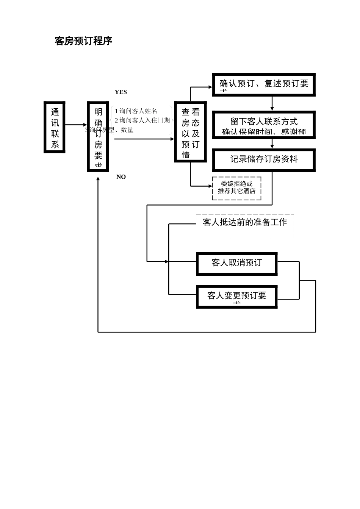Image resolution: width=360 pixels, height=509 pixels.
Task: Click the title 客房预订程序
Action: pos(83,41)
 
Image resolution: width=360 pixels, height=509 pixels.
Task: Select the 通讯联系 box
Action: pos(55,127)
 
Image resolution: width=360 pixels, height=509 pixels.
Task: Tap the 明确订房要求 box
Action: pos(98,136)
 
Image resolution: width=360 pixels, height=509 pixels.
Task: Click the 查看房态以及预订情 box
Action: pos(190,132)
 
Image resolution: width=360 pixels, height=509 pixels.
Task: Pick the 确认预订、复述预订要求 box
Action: pos(264,84)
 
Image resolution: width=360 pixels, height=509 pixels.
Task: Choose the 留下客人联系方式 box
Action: pos(264,125)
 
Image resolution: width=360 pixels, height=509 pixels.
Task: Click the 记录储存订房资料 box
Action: pos(264,160)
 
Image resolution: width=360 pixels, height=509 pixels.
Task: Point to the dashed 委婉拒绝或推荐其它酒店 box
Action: pos(236,188)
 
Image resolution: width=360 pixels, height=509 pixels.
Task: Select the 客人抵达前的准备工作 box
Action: pos(245,226)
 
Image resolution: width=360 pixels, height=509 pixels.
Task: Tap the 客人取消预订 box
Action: pos(236,263)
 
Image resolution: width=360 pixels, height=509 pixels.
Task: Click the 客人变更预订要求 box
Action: pos(236,297)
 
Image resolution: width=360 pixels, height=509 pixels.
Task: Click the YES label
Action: pos(121,92)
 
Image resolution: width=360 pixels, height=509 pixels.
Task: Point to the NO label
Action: pos(121,177)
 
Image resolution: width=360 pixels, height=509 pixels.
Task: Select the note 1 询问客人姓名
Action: pos(136,111)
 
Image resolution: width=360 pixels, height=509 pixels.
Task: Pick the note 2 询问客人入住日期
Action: pos(142,120)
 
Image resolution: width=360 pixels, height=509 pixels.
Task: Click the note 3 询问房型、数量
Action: pos(109,130)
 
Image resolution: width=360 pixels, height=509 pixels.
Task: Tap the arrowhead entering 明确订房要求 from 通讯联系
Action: pos(85,125)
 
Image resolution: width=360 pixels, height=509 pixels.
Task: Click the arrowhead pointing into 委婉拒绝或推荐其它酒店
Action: pos(210,186)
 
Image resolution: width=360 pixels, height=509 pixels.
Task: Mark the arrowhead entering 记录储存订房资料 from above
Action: pos(272,147)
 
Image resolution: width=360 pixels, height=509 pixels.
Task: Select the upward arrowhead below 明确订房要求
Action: pos(98,179)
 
